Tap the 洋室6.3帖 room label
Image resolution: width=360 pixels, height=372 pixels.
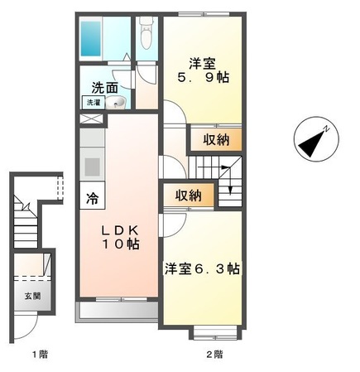coord(201,269)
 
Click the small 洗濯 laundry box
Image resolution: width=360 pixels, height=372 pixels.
coord(91,103)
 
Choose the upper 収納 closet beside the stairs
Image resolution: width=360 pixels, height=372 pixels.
coord(217,140)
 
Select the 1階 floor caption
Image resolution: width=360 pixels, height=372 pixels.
coord(40,355)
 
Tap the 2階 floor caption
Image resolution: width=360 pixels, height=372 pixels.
coord(214,355)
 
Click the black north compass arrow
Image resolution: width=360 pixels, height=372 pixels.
coord(314,141)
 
